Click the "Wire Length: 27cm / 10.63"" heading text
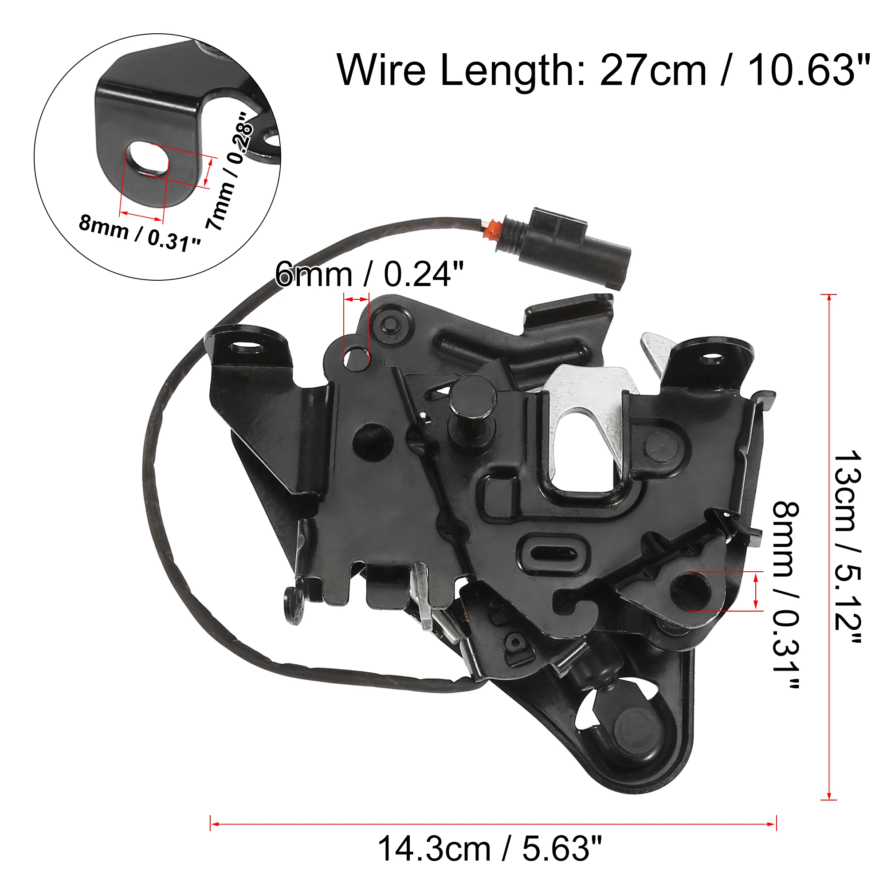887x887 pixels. click(x=603, y=70)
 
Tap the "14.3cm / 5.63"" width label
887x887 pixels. click(x=490, y=849)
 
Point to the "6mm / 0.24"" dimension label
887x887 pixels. click(x=369, y=274)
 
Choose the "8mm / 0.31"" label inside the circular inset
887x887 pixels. click(x=140, y=234)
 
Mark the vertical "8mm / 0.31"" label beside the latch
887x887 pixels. click(x=786, y=595)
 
